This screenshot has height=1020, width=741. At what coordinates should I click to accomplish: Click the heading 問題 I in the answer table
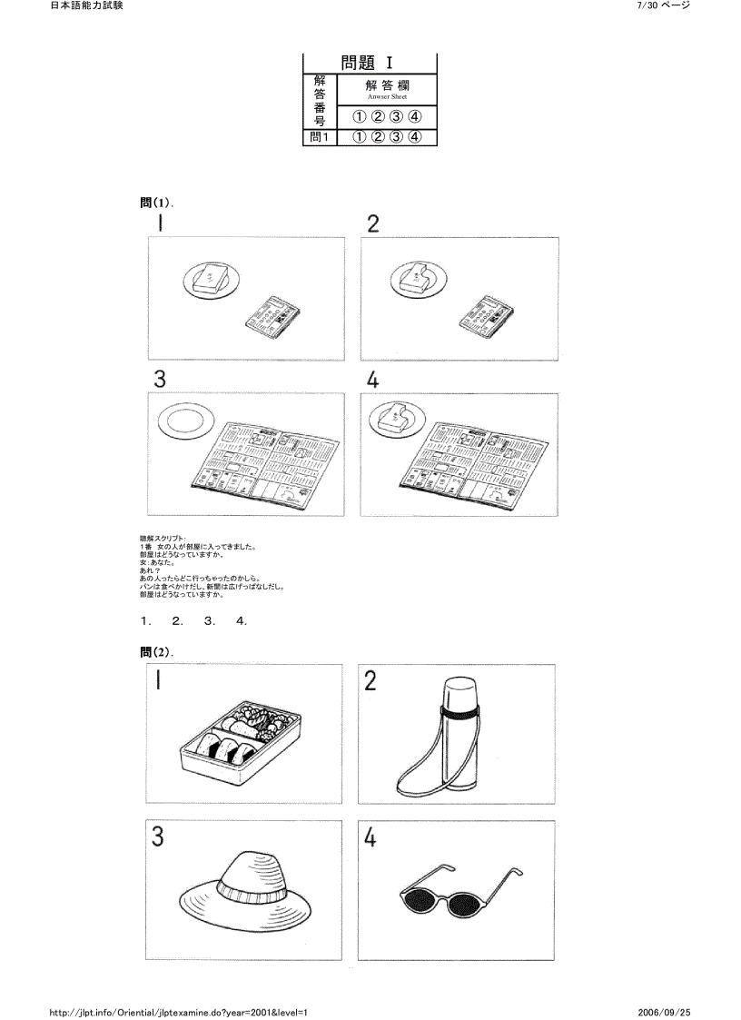(x=369, y=63)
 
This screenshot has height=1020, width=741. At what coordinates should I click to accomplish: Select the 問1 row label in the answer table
(x=319, y=137)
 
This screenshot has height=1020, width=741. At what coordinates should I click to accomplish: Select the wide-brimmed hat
(x=242, y=887)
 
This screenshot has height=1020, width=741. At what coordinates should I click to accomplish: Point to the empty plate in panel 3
(x=184, y=423)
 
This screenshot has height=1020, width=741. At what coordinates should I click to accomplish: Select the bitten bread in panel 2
(x=419, y=276)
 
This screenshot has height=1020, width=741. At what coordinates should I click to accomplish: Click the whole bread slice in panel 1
(x=210, y=276)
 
